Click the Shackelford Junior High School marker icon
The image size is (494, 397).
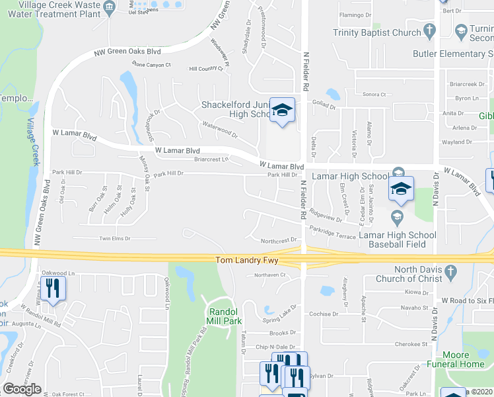tap(282, 110)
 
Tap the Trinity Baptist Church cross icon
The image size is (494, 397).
tap(430, 32)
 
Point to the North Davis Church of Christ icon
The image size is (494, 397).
tap(450, 271)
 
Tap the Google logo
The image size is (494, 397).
tap(22, 389)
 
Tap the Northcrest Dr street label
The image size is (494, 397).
tap(281, 241)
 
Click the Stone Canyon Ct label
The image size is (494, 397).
tap(151, 65)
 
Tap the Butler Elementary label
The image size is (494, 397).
tap(452, 54)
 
